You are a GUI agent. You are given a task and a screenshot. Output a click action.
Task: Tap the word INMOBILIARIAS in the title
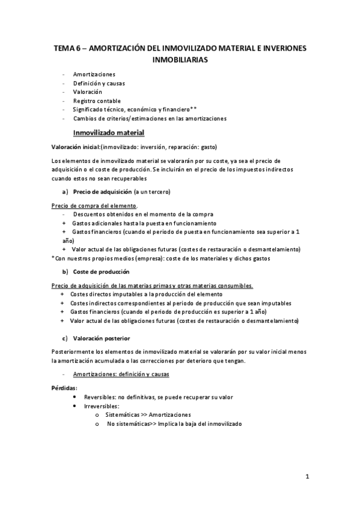[180, 60]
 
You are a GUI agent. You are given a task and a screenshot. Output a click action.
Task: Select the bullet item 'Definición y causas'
[99, 82]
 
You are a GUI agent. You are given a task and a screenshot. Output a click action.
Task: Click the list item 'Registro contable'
[97, 100]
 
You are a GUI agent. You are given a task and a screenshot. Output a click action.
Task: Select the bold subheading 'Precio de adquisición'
[103, 192]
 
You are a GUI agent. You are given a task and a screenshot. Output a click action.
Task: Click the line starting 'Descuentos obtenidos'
[143, 214]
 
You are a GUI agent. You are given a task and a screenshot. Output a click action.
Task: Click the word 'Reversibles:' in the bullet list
[101, 398]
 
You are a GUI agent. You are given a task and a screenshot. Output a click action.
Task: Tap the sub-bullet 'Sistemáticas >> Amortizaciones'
[148, 415]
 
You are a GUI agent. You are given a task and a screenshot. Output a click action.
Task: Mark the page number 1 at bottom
[307, 478]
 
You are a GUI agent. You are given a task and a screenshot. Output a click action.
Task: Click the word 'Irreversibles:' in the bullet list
[102, 407]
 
